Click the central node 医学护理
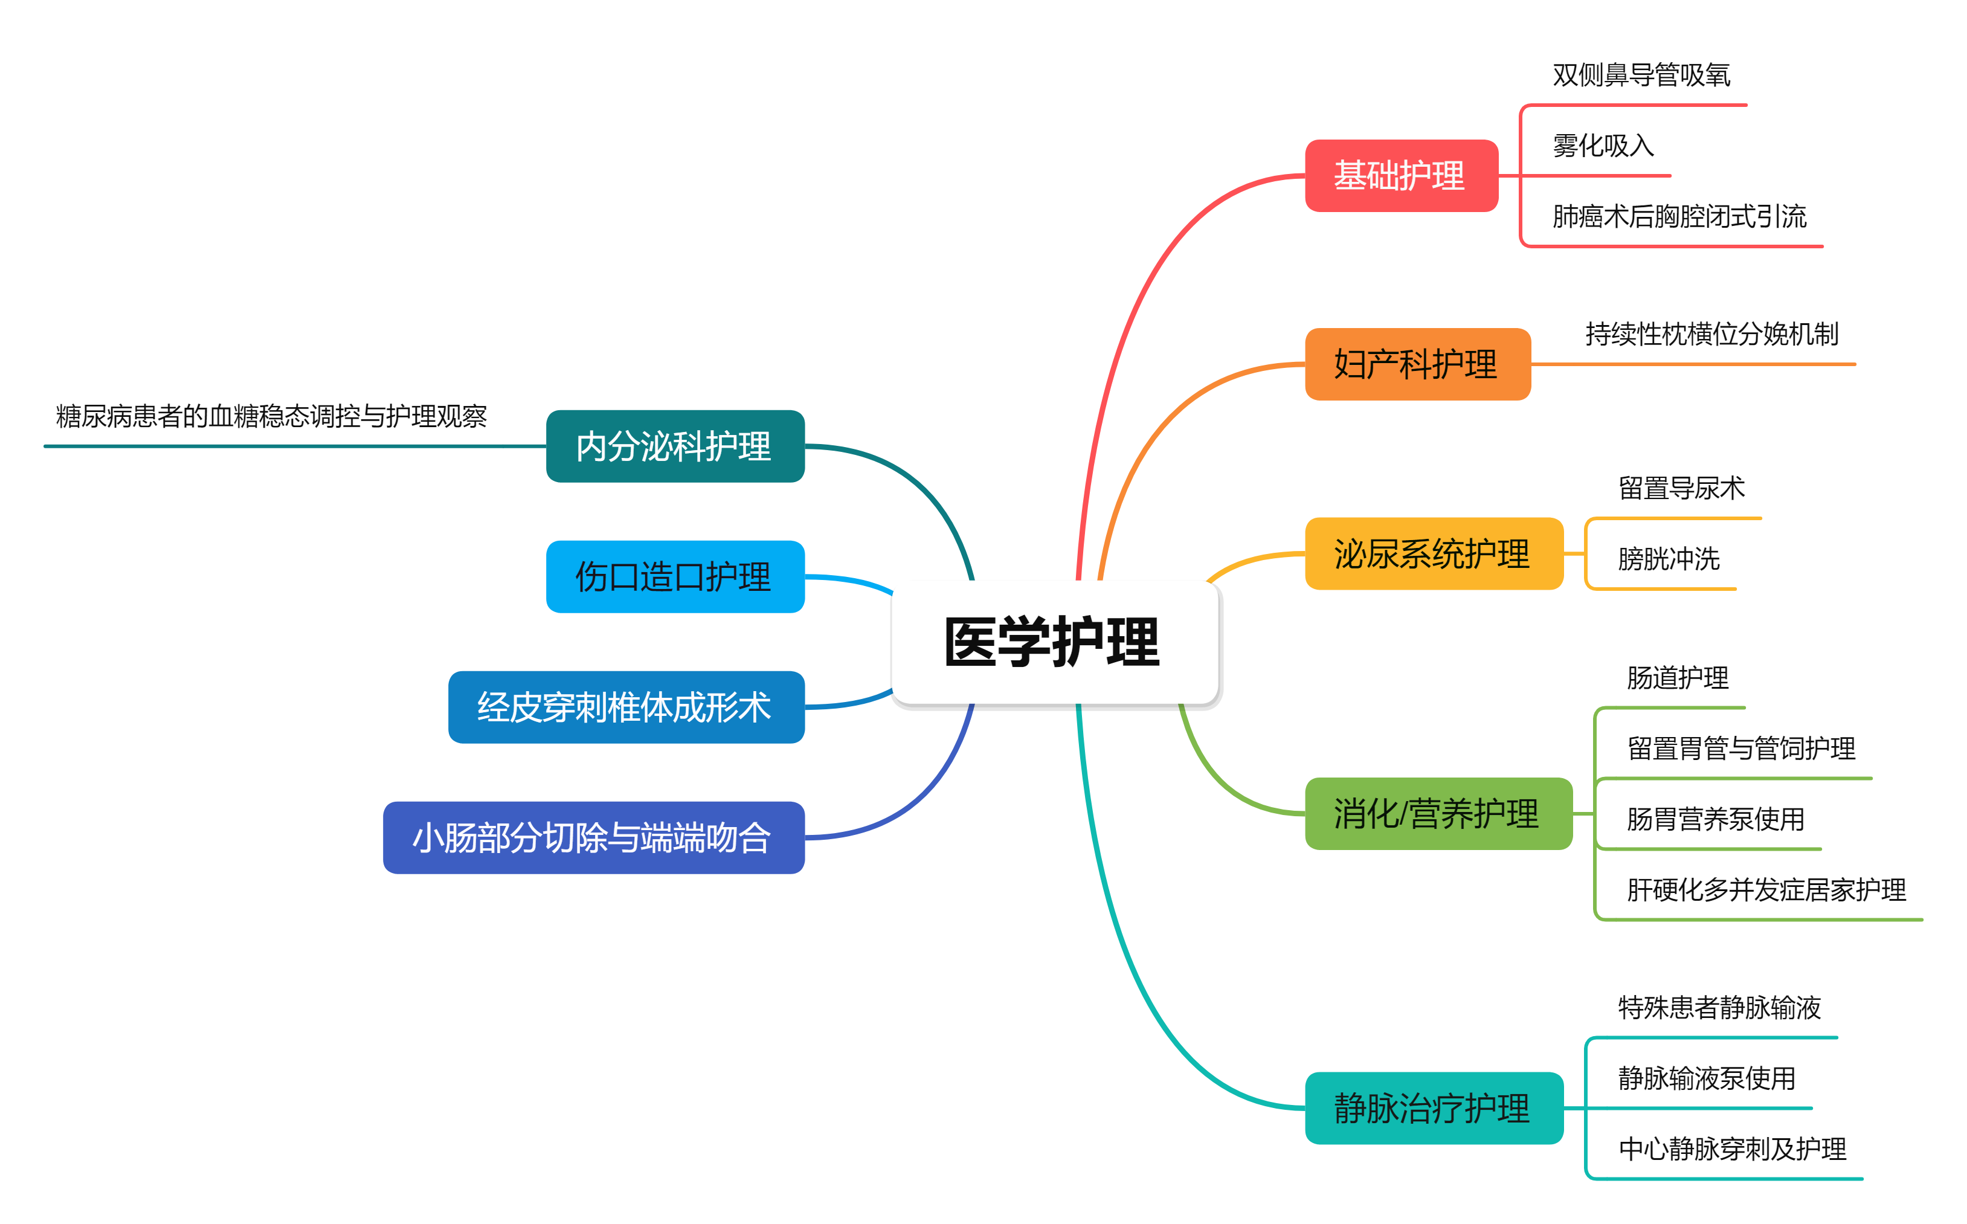point(1054,642)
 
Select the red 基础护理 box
point(1401,176)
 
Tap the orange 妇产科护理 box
point(1417,364)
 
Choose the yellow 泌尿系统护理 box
point(1434,554)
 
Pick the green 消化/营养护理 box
point(1438,814)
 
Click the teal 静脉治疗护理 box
point(1434,1108)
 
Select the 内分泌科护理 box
point(675,446)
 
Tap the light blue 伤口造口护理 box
point(675,576)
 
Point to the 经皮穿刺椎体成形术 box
point(626,707)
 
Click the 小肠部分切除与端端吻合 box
point(593,837)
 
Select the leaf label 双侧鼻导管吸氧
point(1641,76)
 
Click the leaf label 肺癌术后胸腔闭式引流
point(1679,217)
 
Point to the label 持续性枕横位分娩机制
point(1711,333)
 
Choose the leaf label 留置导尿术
point(1681,489)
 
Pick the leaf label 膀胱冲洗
point(1669,559)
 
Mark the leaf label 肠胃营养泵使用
point(1715,819)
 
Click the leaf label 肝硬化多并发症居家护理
point(1766,891)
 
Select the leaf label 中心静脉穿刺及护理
point(1732,1148)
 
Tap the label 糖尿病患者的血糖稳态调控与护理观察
point(271,417)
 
